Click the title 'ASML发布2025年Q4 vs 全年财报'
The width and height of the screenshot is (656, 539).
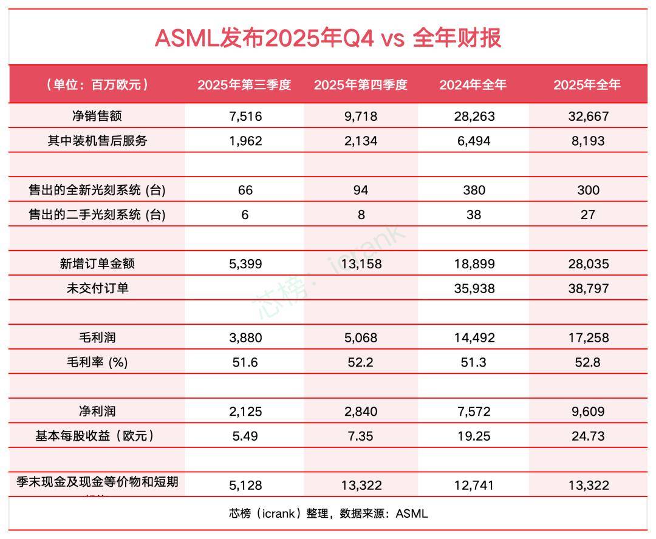coord(328,38)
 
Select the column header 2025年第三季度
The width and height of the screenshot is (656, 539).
coord(244,85)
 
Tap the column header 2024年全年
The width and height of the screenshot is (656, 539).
coord(473,85)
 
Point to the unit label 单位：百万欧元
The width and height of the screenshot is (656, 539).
coord(97,85)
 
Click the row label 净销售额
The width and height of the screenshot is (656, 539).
coord(97,116)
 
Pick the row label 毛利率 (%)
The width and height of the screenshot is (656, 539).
coord(97,362)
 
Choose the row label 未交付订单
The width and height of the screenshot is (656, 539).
coord(97,288)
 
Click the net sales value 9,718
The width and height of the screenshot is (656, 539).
coord(361,116)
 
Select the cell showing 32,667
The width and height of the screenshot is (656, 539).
coord(588,116)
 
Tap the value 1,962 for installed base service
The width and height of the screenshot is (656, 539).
coord(245,141)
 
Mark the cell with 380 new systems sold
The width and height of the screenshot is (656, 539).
coord(474,190)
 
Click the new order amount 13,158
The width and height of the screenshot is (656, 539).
coord(361,264)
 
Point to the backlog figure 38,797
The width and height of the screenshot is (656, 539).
coord(588,288)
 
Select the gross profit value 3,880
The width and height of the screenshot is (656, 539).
coord(245,337)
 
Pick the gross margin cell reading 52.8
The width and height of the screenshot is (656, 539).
coord(588,362)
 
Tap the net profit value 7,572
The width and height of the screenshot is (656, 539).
coord(474,412)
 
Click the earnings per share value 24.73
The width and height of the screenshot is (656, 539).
coord(588,436)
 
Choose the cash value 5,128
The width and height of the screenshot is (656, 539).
coord(245,485)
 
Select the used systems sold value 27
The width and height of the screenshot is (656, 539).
coord(588,214)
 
